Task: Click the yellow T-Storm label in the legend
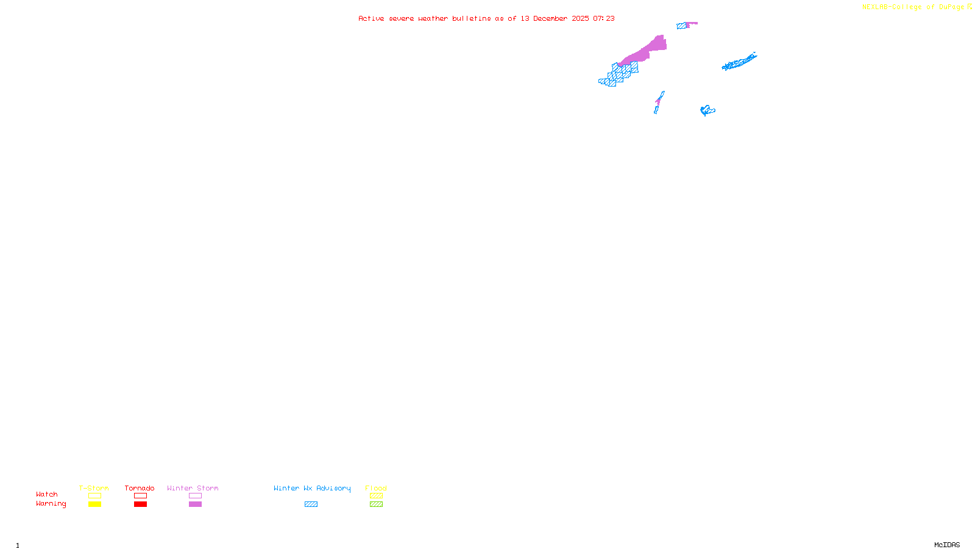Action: (94, 488)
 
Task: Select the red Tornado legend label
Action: (140, 488)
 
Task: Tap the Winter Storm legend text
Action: (193, 488)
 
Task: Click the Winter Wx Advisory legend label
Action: (312, 488)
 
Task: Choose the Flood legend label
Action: (376, 488)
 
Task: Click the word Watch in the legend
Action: (47, 494)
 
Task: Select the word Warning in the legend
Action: (51, 504)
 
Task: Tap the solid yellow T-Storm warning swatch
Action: (94, 504)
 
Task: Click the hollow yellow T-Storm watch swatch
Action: (94, 496)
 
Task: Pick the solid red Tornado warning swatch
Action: (140, 504)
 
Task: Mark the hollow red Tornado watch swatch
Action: (140, 496)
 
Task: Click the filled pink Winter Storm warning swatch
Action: (195, 504)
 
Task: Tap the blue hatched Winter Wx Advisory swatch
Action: (311, 504)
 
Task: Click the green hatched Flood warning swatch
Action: (376, 504)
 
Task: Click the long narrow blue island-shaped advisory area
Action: (739, 62)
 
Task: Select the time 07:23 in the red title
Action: (603, 18)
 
